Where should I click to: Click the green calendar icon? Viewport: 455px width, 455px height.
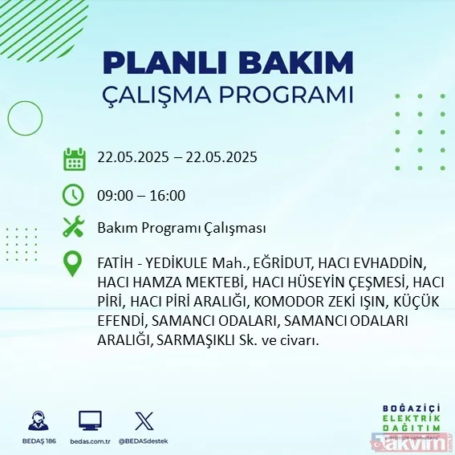click(74, 158)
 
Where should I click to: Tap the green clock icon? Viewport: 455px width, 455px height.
click(74, 195)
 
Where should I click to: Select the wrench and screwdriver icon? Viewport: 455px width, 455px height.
click(74, 227)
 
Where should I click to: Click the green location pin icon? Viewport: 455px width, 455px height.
click(74, 264)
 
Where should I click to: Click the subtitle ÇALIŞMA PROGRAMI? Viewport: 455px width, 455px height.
click(229, 95)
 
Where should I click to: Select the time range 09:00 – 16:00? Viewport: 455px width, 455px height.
click(141, 196)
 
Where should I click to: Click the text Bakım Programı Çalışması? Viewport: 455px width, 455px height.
click(181, 228)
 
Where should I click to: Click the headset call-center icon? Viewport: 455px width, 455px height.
click(35, 420)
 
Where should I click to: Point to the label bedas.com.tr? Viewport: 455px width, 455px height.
click(90, 441)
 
